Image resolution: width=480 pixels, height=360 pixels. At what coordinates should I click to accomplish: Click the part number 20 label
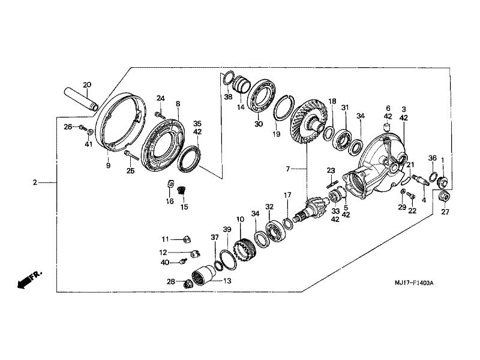[86, 85]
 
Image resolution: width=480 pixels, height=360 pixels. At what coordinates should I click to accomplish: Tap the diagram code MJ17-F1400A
[413, 283]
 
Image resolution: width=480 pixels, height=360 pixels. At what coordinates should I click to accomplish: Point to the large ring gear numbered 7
[308, 123]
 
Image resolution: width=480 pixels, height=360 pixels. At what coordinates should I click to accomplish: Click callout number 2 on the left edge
[35, 181]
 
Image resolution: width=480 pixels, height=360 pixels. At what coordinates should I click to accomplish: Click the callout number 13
[226, 280]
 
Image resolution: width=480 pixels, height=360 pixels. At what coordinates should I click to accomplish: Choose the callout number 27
[445, 212]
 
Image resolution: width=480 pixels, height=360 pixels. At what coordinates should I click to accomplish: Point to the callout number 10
[240, 220]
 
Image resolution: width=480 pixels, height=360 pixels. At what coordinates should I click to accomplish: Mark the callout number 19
[275, 134]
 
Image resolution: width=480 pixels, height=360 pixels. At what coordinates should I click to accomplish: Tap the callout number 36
[432, 158]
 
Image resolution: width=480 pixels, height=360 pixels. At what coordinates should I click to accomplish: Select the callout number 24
[160, 98]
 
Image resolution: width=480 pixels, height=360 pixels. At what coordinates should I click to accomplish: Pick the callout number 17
[287, 195]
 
